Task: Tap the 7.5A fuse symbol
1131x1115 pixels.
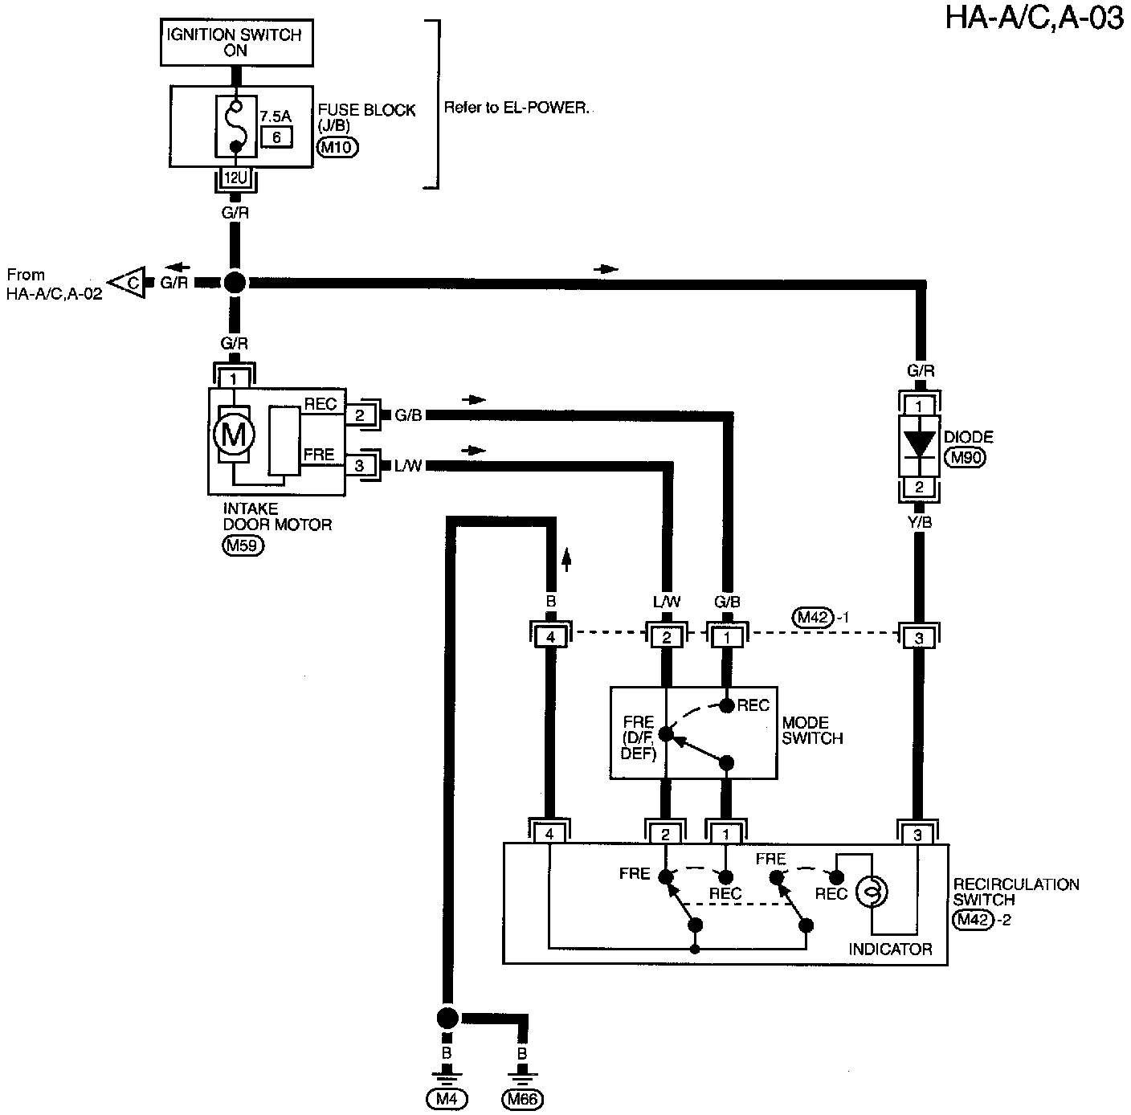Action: [235, 126]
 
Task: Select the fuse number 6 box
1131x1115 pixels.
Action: [276, 137]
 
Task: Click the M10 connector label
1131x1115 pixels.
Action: [337, 147]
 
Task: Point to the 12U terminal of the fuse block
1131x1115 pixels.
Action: [235, 177]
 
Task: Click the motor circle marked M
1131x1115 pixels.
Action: [234, 435]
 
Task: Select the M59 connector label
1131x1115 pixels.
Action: [242, 545]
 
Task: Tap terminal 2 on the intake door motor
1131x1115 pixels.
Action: [359, 415]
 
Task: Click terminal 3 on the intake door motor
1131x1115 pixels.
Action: [359, 465]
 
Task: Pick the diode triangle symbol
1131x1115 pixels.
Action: [919, 443]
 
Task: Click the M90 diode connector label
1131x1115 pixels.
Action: [965, 458]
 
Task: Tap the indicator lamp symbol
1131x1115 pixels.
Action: [871, 891]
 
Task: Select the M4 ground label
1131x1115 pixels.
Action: [446, 1099]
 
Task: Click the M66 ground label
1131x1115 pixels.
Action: [522, 1099]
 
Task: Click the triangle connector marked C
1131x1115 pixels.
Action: [129, 282]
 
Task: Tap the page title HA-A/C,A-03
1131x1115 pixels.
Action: [1034, 17]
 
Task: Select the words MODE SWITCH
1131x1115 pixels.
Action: [812, 730]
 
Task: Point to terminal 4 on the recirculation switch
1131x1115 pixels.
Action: [549, 834]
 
